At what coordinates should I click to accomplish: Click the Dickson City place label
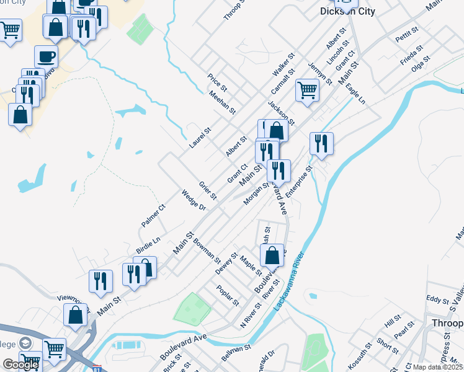point(347,11)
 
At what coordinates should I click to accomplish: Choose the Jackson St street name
point(281,112)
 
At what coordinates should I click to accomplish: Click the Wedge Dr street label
point(193,200)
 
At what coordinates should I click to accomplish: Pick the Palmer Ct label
point(153,215)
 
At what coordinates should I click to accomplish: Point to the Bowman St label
point(207,247)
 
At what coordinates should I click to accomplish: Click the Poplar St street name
point(228,295)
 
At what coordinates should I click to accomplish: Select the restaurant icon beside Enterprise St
point(321,143)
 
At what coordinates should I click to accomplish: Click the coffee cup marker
point(46,57)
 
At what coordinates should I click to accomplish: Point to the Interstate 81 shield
point(94,368)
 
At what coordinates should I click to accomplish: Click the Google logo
point(20,365)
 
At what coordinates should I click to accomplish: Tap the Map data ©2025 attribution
point(437,367)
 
